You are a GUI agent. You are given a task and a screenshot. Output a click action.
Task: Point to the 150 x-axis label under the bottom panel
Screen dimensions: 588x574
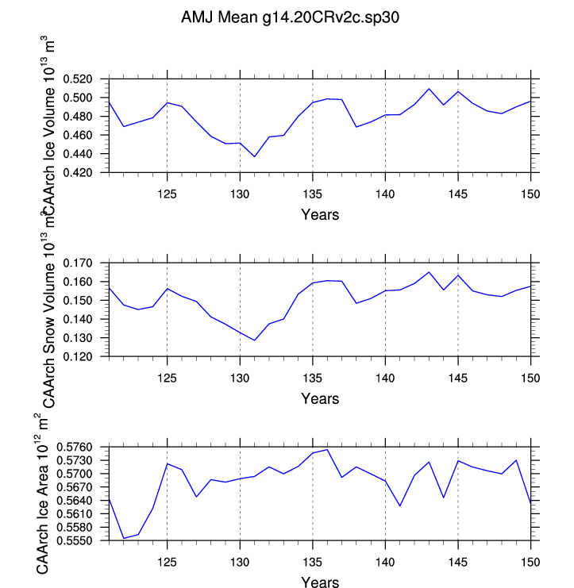coord(530,562)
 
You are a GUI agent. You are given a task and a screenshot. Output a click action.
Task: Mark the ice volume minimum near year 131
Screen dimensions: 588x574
coord(254,156)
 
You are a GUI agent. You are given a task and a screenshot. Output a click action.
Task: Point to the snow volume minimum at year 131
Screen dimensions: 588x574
coord(254,340)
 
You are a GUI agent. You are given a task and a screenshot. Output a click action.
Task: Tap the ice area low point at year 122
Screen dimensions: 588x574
coord(123,538)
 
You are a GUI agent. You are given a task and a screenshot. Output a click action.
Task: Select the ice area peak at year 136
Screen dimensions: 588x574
coord(327,450)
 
